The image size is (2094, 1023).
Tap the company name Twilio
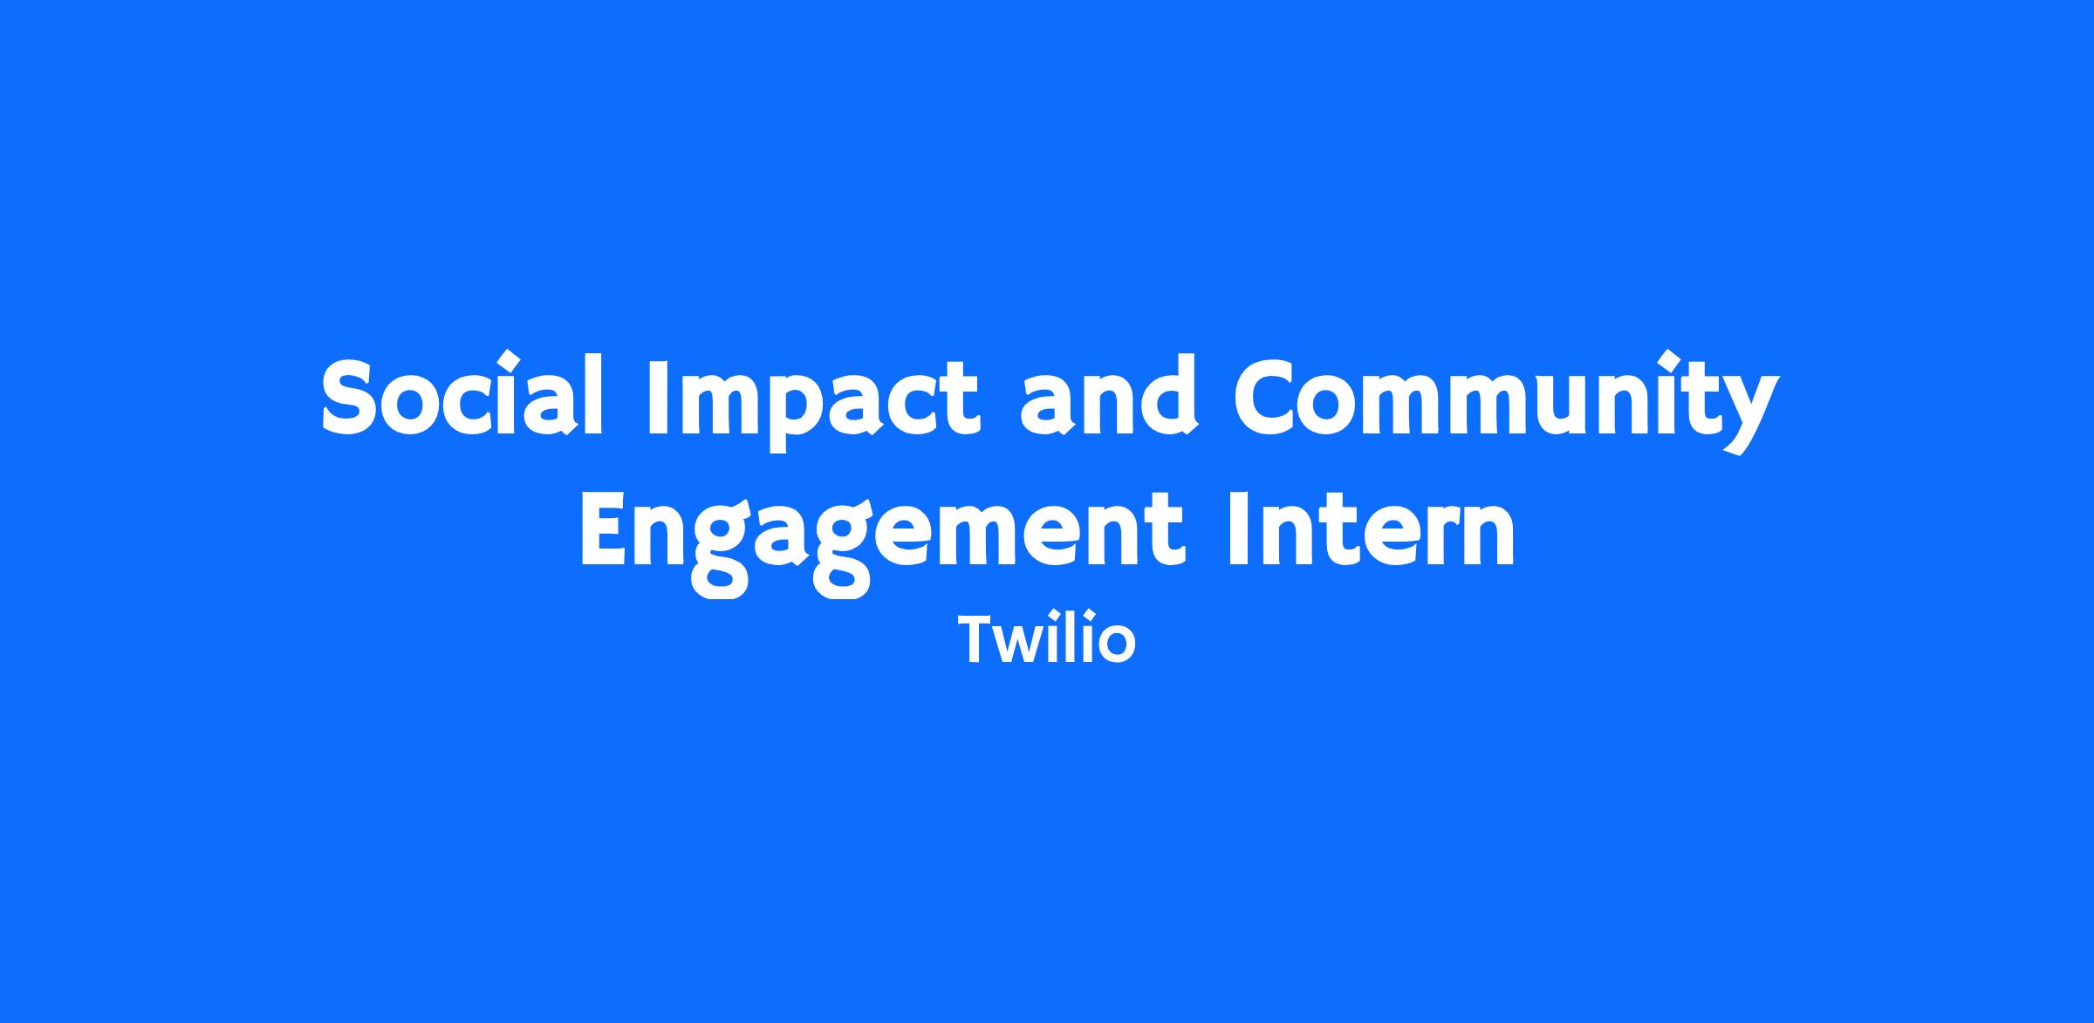click(1047, 638)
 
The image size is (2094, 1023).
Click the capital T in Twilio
click(979, 639)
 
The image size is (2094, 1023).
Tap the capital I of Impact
click(658, 396)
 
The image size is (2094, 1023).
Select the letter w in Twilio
click(1029, 645)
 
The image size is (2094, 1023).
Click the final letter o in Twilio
click(1117, 646)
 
